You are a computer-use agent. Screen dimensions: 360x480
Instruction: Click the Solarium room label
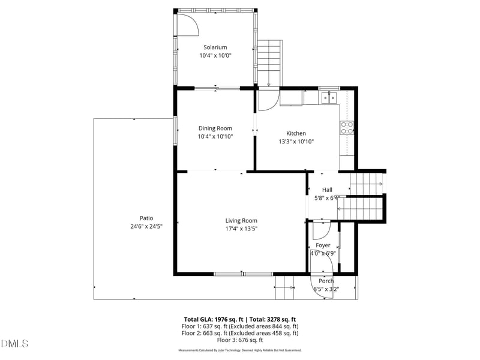(x=215, y=47)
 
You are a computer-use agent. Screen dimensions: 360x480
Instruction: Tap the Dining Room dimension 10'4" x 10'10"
(x=215, y=136)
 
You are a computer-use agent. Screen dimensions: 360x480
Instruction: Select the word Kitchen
(x=296, y=133)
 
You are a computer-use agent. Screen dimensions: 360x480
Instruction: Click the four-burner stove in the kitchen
(x=347, y=127)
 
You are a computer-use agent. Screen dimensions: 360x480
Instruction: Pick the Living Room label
(x=241, y=220)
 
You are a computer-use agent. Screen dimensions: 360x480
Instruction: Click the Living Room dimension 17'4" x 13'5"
(x=241, y=228)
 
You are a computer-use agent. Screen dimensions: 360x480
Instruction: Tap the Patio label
(x=146, y=218)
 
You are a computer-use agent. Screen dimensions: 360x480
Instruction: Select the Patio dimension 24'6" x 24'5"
(x=146, y=226)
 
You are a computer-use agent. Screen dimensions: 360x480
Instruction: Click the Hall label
(x=327, y=190)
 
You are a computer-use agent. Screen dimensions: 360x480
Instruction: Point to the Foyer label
(x=323, y=245)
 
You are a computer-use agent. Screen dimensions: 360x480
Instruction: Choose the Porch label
(x=326, y=281)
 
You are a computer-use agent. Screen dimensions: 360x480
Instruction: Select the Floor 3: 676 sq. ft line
(x=239, y=340)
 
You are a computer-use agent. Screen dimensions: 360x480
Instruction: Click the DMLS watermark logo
(x=15, y=343)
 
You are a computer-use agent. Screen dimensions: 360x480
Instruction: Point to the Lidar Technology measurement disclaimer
(x=239, y=350)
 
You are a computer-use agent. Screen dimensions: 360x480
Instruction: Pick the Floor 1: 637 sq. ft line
(x=239, y=326)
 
